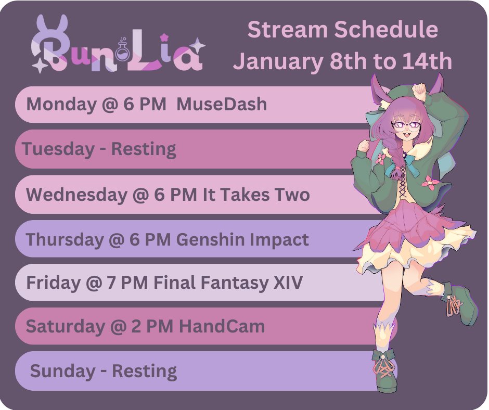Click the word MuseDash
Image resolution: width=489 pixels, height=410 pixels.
(x=222, y=104)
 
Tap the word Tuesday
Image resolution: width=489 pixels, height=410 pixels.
(x=58, y=148)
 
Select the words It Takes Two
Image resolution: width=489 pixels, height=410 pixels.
(x=256, y=194)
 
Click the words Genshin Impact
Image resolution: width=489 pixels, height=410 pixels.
(x=242, y=240)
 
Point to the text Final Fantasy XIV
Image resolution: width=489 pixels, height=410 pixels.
(x=228, y=283)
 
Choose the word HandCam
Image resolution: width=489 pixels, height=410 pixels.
(x=222, y=326)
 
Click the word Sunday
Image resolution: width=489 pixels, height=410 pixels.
(x=62, y=371)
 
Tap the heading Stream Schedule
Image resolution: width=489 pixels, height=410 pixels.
(x=343, y=29)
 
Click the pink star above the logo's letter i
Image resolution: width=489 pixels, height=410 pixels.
(x=164, y=38)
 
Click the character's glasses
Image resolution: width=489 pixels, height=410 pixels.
(x=406, y=125)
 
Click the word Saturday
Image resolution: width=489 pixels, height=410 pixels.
(x=65, y=326)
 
